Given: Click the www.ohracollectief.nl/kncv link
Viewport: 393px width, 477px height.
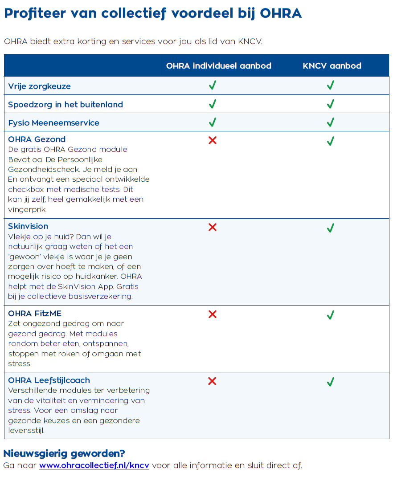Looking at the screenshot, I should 94,465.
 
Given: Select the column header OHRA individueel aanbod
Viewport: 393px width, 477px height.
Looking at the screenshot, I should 218,66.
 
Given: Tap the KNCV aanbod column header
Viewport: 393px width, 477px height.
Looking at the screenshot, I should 332,66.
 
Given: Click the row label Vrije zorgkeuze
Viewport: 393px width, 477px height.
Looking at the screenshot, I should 39,86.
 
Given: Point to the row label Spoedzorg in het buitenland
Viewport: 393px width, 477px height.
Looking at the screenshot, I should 65,105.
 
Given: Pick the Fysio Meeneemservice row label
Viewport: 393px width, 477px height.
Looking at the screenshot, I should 53,123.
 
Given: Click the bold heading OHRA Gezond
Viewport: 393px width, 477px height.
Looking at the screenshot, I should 37,139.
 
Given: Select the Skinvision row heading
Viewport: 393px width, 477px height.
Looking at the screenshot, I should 28,226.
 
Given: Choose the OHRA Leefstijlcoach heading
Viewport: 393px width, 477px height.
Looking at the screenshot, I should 49,380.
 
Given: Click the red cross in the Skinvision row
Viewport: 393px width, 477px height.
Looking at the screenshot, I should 213,227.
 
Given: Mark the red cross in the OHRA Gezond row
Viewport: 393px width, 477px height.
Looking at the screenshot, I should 213,140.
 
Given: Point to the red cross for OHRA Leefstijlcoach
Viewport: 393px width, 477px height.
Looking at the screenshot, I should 213,381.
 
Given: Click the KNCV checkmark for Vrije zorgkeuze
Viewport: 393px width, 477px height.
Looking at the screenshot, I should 330,85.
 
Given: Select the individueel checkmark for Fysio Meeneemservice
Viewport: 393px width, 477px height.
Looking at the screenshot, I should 213,122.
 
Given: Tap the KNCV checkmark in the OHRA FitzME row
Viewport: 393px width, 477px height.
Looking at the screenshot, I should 330,315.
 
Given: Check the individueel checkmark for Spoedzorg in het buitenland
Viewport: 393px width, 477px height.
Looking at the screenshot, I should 213,104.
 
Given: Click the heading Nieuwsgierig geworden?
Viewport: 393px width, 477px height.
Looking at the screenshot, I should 64,454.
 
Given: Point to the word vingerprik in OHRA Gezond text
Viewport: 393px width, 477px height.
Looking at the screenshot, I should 27,209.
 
